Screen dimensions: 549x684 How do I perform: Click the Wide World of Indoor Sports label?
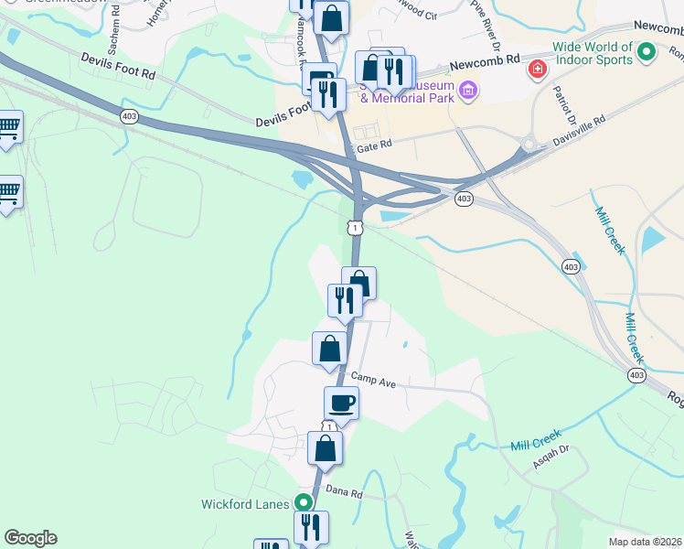pos(592,53)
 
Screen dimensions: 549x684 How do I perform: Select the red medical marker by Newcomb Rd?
pos(537,69)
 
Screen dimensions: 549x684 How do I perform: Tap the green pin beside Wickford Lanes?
pos(302,503)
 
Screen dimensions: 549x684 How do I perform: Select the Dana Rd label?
pos(345,493)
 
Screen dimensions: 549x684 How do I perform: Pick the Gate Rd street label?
pos(374,145)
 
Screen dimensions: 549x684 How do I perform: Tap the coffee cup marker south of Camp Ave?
pos(342,402)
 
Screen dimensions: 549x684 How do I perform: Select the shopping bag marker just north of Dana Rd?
pos(325,448)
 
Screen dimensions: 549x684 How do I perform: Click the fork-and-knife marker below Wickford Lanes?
pos(311,527)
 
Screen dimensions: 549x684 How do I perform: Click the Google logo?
pos(30,538)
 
